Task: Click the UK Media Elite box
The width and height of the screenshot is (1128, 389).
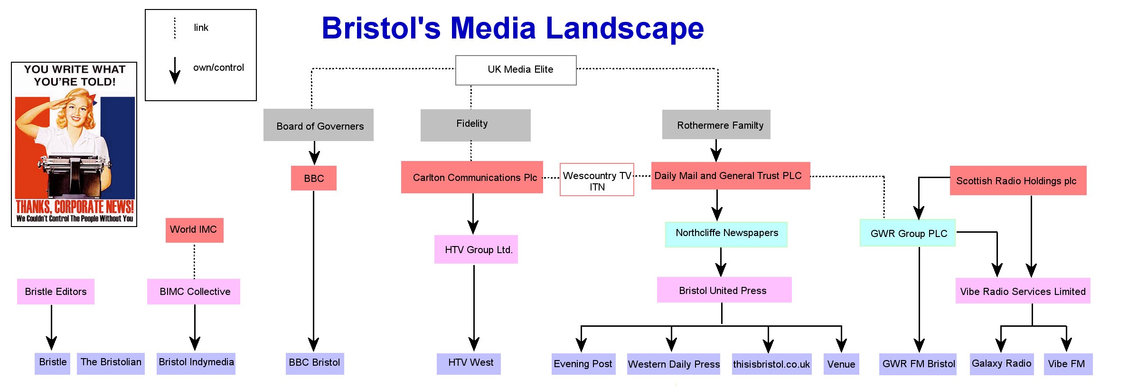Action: tap(516, 70)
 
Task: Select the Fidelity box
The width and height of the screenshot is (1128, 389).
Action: tap(475, 125)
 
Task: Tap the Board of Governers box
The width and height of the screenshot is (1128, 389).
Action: tap(319, 125)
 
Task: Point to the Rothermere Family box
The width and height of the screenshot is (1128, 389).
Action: tap(716, 124)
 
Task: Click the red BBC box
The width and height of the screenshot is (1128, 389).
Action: tap(314, 178)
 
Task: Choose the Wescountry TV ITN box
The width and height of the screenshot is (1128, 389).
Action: tap(597, 180)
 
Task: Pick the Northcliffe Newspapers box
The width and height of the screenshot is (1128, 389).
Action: tap(726, 235)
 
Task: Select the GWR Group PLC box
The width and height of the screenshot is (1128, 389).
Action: tap(908, 233)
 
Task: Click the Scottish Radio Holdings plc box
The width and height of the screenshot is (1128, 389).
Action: tap(1018, 180)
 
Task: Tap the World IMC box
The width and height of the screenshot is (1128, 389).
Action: tap(194, 230)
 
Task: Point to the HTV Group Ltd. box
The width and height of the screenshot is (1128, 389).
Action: tap(476, 249)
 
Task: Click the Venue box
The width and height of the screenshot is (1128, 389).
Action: tap(841, 364)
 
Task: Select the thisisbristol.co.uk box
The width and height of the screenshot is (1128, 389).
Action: tap(771, 364)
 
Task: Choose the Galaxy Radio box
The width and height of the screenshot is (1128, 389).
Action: tap(1002, 364)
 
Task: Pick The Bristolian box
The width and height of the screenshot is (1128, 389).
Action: tap(111, 363)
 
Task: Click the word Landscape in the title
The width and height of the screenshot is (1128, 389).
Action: tap(625, 28)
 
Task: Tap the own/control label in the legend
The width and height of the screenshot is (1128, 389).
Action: tap(218, 67)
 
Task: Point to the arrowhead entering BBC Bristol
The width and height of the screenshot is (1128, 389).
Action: tap(313, 345)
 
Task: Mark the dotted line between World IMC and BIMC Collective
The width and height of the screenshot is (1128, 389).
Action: tap(194, 261)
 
